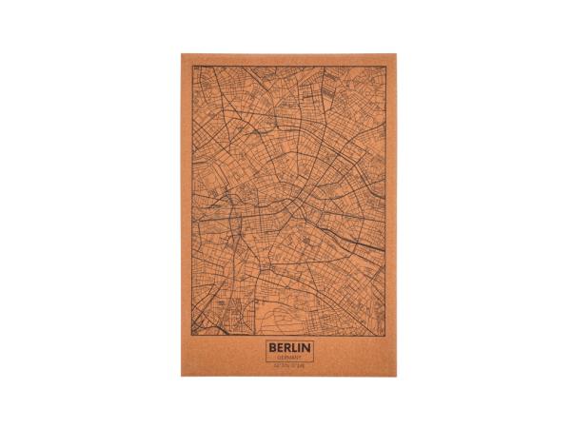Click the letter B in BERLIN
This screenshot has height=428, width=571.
coord(272,349)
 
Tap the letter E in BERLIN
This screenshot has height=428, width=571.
coord(280,349)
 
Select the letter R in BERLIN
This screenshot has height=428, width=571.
coord(287,349)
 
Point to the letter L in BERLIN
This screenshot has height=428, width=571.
coord(295,349)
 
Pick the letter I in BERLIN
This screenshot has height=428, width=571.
coord(301,349)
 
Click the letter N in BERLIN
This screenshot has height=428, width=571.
coord(307,349)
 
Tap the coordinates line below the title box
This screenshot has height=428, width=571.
coord(290,365)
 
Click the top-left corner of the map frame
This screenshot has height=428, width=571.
coord(194,67)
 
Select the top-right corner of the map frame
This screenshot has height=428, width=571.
coord(385,67)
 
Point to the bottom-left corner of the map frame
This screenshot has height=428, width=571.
coord(194,336)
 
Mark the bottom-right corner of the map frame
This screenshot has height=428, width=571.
coord(385,336)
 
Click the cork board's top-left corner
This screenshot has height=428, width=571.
coord(182,53)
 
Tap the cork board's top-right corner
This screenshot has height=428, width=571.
coord(398,53)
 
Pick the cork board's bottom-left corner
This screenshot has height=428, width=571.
coord(182,376)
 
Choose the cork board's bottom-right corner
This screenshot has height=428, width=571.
coord(398,376)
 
